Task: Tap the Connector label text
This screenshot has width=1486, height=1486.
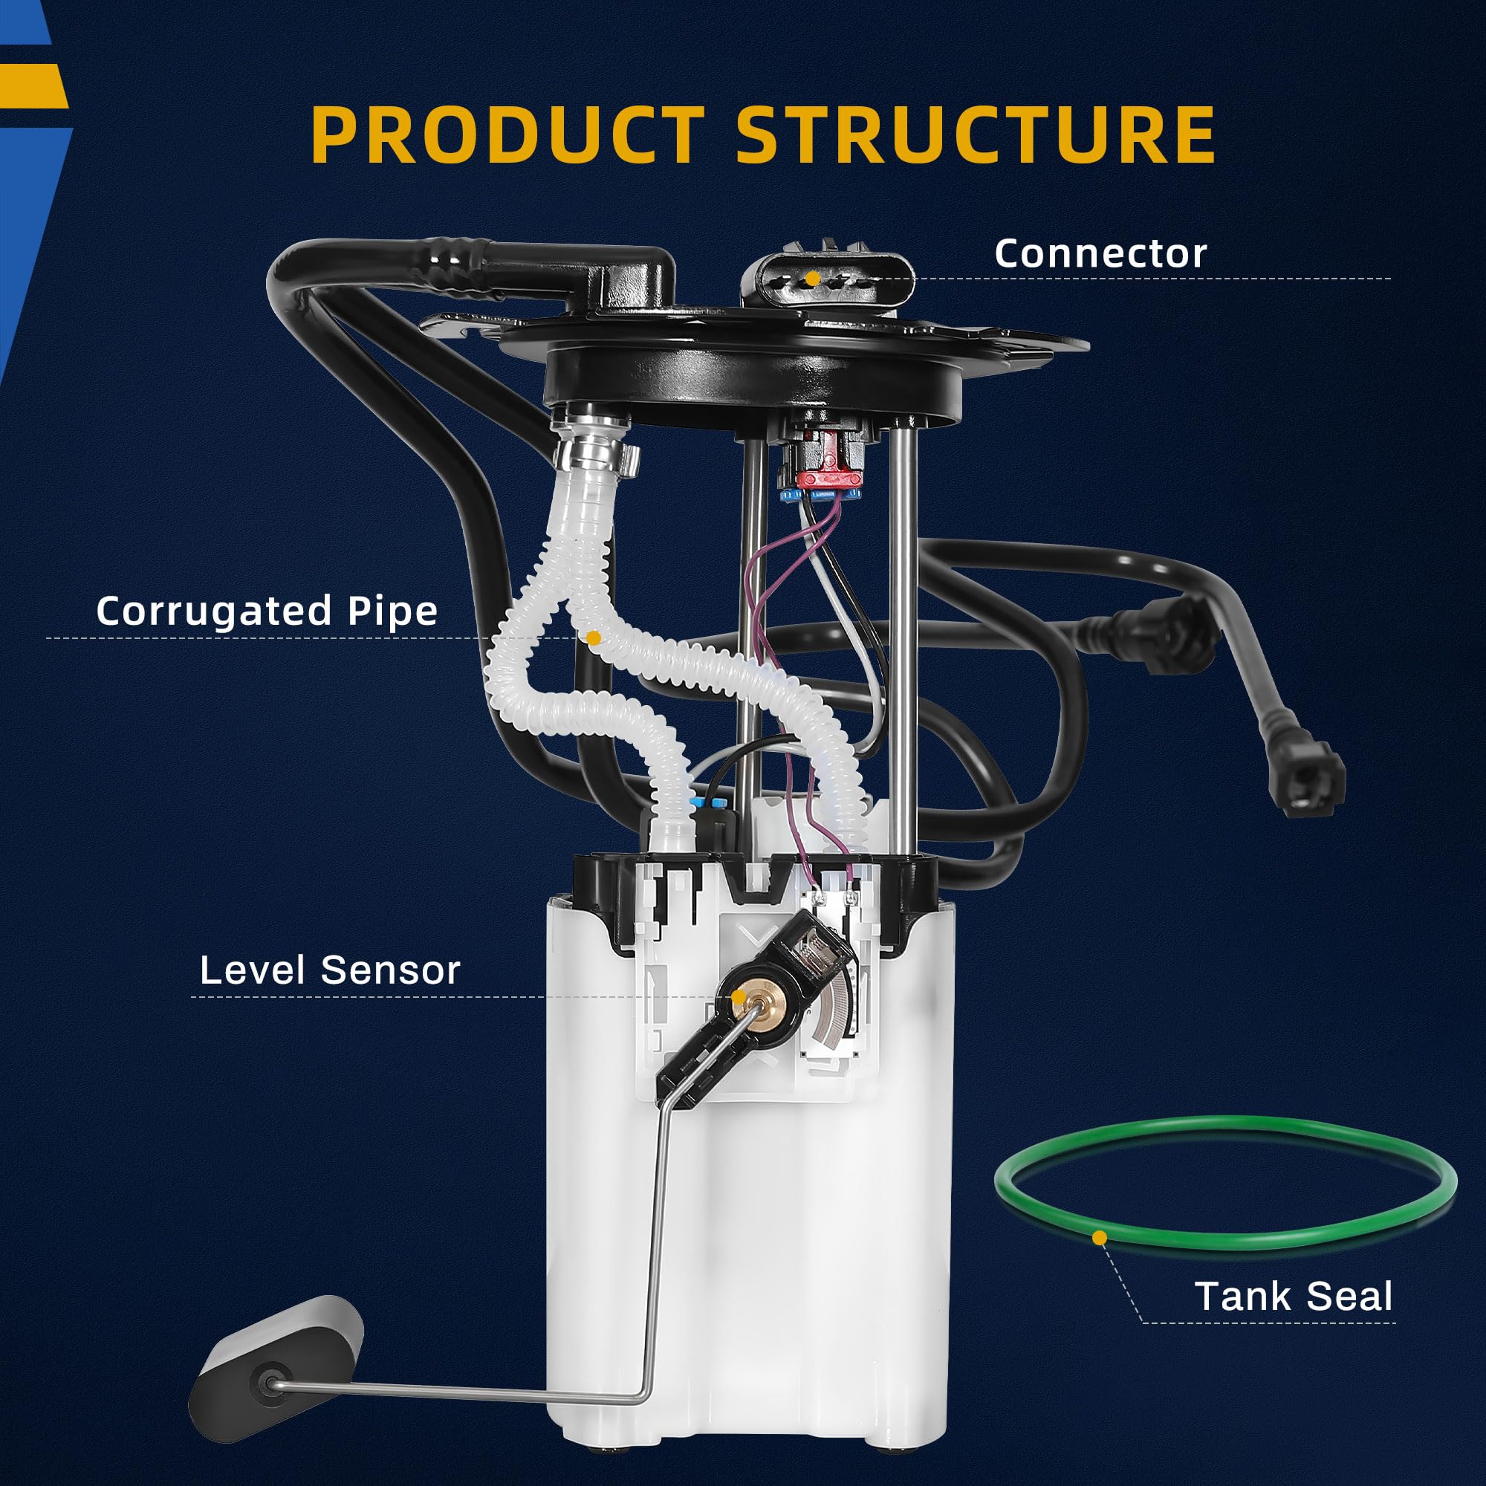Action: click(x=1100, y=254)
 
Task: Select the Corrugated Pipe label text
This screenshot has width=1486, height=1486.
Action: click(x=266, y=611)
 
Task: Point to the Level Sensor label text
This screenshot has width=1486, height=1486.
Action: click(x=329, y=970)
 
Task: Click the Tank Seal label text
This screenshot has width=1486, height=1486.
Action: click(x=1293, y=1296)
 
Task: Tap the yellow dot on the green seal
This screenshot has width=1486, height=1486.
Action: click(x=1100, y=1238)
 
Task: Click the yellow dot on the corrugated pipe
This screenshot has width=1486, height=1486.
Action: click(x=593, y=637)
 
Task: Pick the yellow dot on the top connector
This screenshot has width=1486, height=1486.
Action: click(x=811, y=278)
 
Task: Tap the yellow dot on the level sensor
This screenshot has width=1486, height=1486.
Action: click(x=738, y=998)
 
